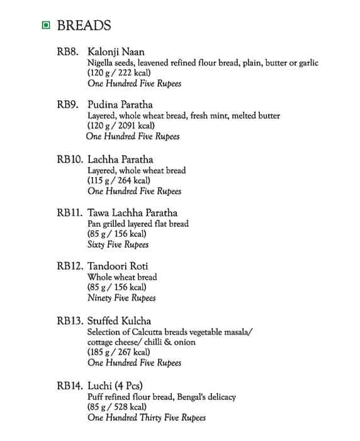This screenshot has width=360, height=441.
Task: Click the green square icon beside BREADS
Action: click(45, 26)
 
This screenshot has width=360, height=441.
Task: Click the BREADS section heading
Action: click(84, 26)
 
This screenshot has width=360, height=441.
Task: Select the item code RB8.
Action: click(67, 52)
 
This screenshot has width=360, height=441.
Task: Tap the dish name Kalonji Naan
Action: click(116, 52)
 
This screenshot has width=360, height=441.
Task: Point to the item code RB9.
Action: click(67, 105)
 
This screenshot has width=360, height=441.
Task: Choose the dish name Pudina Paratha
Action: click(120, 105)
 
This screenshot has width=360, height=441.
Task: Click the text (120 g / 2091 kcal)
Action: click(121, 126)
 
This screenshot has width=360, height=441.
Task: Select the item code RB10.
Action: click(70, 159)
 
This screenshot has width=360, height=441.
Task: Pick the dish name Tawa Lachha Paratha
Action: click(132, 213)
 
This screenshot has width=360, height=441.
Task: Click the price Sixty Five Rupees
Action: click(118, 244)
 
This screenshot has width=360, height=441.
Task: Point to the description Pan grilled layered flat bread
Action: click(138, 224)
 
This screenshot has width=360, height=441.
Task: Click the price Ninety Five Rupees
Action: click(121, 298)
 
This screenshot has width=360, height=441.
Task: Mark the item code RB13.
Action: click(70, 321)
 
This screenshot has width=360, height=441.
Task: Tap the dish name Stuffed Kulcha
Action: click(119, 321)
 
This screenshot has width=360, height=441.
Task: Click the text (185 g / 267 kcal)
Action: click(119, 352)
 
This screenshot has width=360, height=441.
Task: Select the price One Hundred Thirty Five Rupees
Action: click(146, 418)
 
